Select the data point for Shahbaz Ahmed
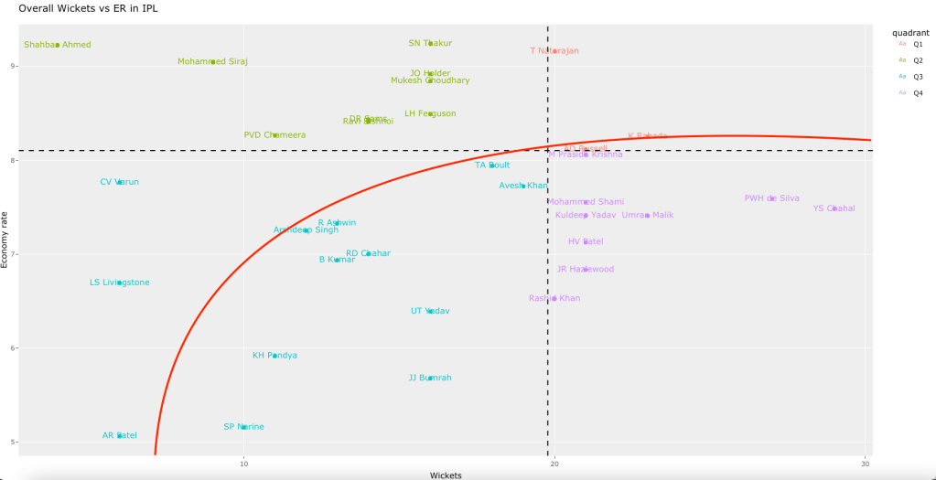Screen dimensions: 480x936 pyautogui.click(x=58, y=44)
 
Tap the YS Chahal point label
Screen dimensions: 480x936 pyautogui.click(x=834, y=208)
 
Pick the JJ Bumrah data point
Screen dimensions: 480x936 pyautogui.click(x=430, y=378)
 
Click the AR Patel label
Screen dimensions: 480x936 pyautogui.click(x=120, y=435)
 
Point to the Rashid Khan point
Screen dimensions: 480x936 pyautogui.click(x=554, y=298)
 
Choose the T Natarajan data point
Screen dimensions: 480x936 pyautogui.click(x=554, y=50)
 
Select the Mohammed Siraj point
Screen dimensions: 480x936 pyautogui.click(x=213, y=61)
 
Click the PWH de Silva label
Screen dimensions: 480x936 pyautogui.click(x=771, y=197)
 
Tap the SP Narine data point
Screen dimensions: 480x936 pyautogui.click(x=243, y=427)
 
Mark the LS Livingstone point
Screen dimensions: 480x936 pyautogui.click(x=120, y=283)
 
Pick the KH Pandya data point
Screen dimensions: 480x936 pyautogui.click(x=274, y=356)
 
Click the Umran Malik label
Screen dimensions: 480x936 pyautogui.click(x=647, y=215)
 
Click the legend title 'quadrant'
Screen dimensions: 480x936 pyautogui.click(x=910, y=32)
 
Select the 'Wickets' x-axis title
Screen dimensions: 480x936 pyautogui.click(x=446, y=475)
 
